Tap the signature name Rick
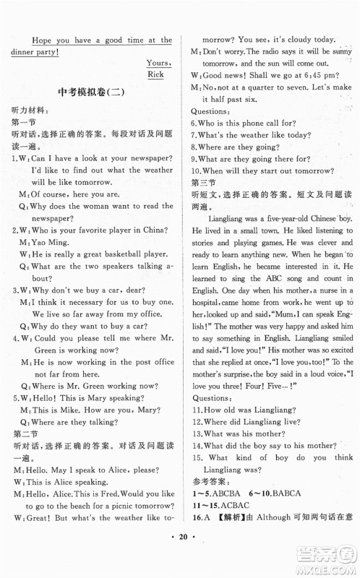(x=155, y=74)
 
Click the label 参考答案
(x=213, y=498)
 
